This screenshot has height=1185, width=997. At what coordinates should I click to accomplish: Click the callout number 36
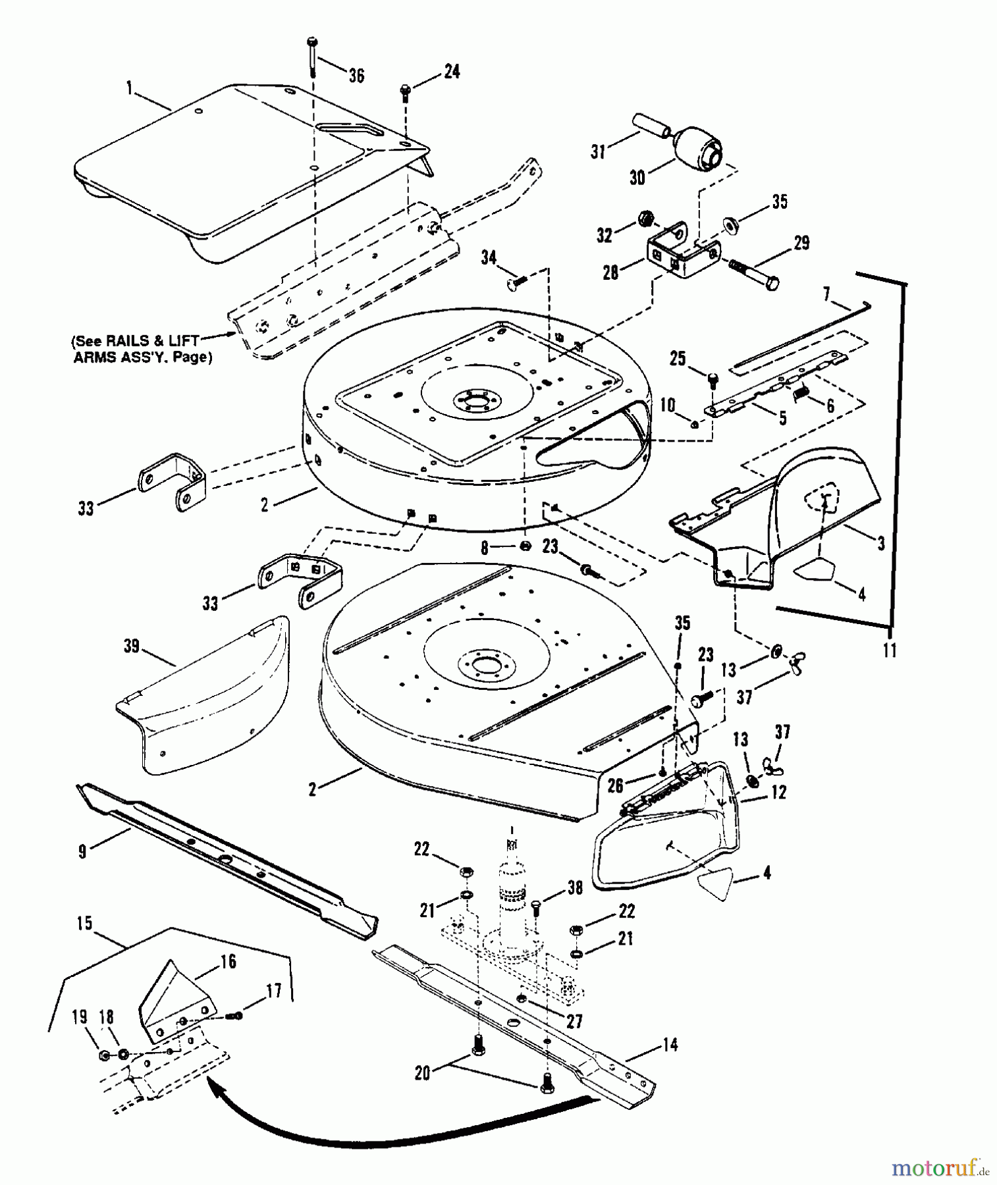click(356, 76)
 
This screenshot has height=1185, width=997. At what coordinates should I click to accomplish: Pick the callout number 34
click(489, 257)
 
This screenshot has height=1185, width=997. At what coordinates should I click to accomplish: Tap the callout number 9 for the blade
click(82, 852)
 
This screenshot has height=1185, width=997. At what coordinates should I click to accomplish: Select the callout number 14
click(670, 1045)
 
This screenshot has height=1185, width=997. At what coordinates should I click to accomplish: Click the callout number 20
click(422, 1073)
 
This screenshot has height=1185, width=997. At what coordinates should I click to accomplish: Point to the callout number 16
click(228, 962)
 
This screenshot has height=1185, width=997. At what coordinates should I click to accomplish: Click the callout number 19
click(80, 1017)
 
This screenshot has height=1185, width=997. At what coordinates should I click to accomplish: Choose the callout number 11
click(889, 650)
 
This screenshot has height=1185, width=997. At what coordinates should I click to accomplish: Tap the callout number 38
click(575, 888)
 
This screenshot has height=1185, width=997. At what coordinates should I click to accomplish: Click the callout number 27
click(574, 1020)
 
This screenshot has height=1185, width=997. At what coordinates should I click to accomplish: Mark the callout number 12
click(778, 792)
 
